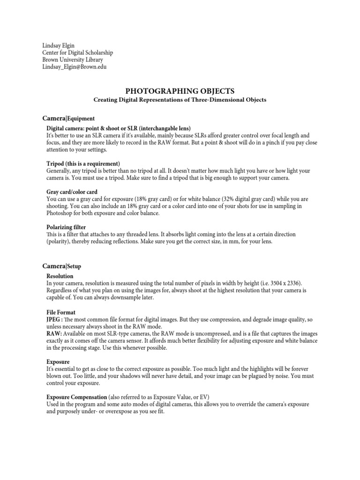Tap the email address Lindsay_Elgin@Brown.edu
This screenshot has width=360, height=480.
(x=75, y=67)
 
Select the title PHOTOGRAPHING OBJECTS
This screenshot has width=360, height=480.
(x=180, y=90)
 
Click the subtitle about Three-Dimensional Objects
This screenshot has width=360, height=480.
(x=180, y=100)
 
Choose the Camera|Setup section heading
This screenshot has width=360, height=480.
(x=62, y=266)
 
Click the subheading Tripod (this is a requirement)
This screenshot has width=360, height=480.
(x=83, y=163)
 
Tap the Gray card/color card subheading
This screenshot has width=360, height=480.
(x=72, y=192)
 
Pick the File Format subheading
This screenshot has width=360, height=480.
(x=61, y=312)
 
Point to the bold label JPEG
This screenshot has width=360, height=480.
(x=54, y=319)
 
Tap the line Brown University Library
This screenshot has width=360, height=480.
(x=73, y=60)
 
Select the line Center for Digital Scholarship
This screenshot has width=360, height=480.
(x=77, y=52)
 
